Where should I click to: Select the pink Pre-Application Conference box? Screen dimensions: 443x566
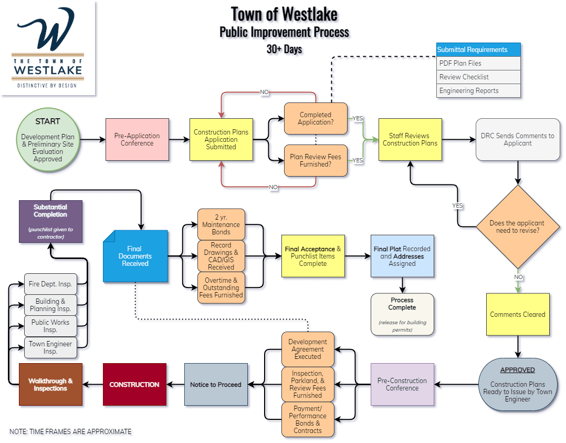tap(137, 139)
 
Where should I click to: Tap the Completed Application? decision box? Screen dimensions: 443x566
tap(316, 118)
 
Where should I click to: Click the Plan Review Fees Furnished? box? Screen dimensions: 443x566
tap(316, 160)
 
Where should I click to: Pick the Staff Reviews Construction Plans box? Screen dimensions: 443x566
tap(410, 139)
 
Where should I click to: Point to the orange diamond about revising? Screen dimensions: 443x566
tap(517, 226)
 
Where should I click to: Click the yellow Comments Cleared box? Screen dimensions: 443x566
tap(518, 314)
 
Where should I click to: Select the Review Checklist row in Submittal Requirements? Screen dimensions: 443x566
tap(478, 77)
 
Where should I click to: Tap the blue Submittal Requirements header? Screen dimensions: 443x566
tap(478, 50)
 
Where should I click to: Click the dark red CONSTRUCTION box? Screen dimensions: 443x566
tap(134, 384)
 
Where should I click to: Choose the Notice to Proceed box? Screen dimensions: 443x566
tap(216, 384)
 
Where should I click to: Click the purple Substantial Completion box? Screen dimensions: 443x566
tap(50, 221)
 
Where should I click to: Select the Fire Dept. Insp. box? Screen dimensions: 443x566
tap(50, 284)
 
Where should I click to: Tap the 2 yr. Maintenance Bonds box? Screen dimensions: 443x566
tap(221, 224)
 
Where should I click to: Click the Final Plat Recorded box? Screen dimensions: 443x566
tap(402, 256)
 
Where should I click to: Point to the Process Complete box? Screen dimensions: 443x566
tap(402, 314)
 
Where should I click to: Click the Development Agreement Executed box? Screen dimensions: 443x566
tap(308, 349)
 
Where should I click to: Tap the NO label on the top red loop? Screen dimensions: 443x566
tap(264, 92)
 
